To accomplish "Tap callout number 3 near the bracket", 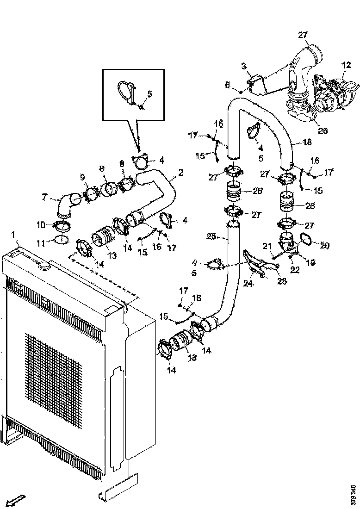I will pos(244,67).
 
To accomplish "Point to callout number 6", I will pos(227,85).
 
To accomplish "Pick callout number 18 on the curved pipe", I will pos(307,143).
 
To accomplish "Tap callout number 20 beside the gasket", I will pos(325,246).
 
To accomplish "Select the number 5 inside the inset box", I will pos(149,93).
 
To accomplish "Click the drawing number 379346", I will pos(354,495).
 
